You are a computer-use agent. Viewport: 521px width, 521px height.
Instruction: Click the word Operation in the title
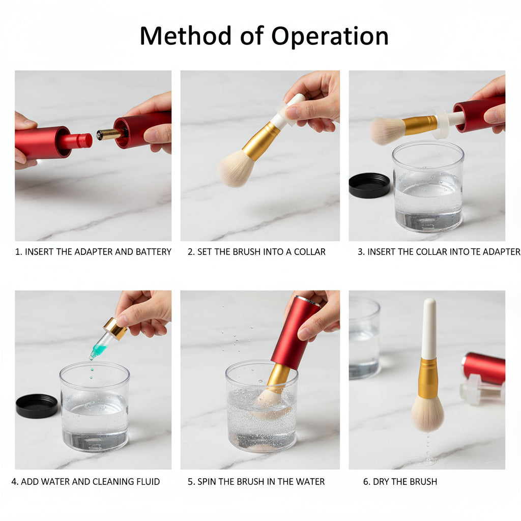point(330,37)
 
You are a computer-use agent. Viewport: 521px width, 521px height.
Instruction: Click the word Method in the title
point(185,36)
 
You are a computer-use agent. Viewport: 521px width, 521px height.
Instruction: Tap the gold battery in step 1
point(109,134)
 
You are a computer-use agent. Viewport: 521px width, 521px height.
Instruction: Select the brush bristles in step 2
point(236,167)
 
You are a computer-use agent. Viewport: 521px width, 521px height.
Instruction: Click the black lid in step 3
point(369,185)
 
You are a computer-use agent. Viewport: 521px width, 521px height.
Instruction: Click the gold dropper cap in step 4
point(115,329)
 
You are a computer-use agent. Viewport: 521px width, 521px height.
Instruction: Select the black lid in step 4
point(37,406)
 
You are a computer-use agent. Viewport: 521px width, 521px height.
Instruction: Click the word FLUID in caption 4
point(149,482)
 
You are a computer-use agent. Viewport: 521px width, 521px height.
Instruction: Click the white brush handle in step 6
point(429,328)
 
